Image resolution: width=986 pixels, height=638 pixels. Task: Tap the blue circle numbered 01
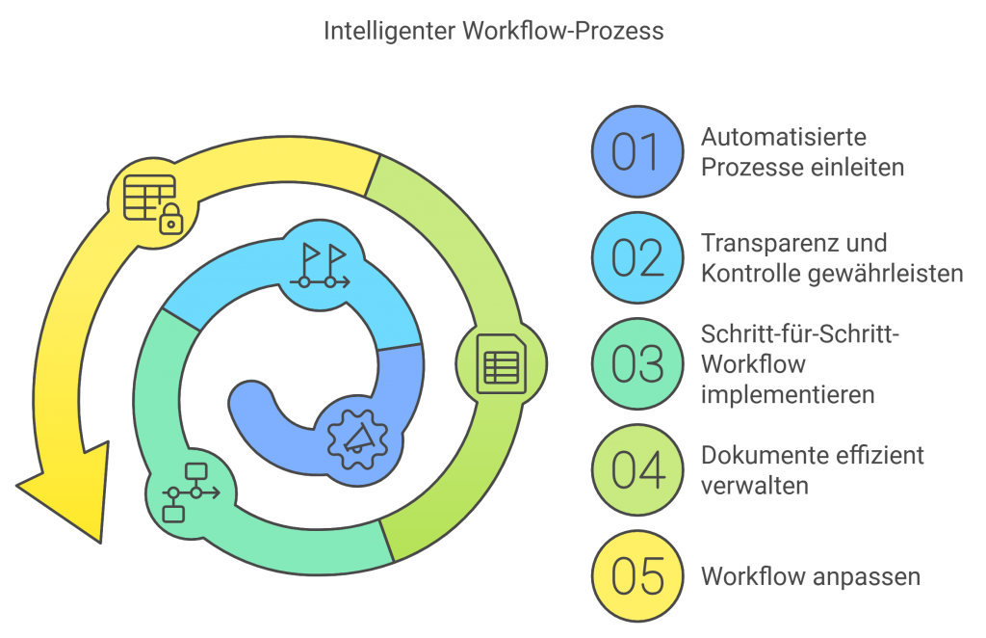point(636,152)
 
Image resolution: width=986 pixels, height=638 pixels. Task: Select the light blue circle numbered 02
point(636,258)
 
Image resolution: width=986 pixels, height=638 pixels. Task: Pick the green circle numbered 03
point(636,364)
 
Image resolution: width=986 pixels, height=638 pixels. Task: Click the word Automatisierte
point(783,138)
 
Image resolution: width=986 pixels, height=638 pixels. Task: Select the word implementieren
point(788,395)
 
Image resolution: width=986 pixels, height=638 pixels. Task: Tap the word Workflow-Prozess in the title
point(562,31)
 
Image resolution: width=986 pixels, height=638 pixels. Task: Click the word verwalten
point(754,484)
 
